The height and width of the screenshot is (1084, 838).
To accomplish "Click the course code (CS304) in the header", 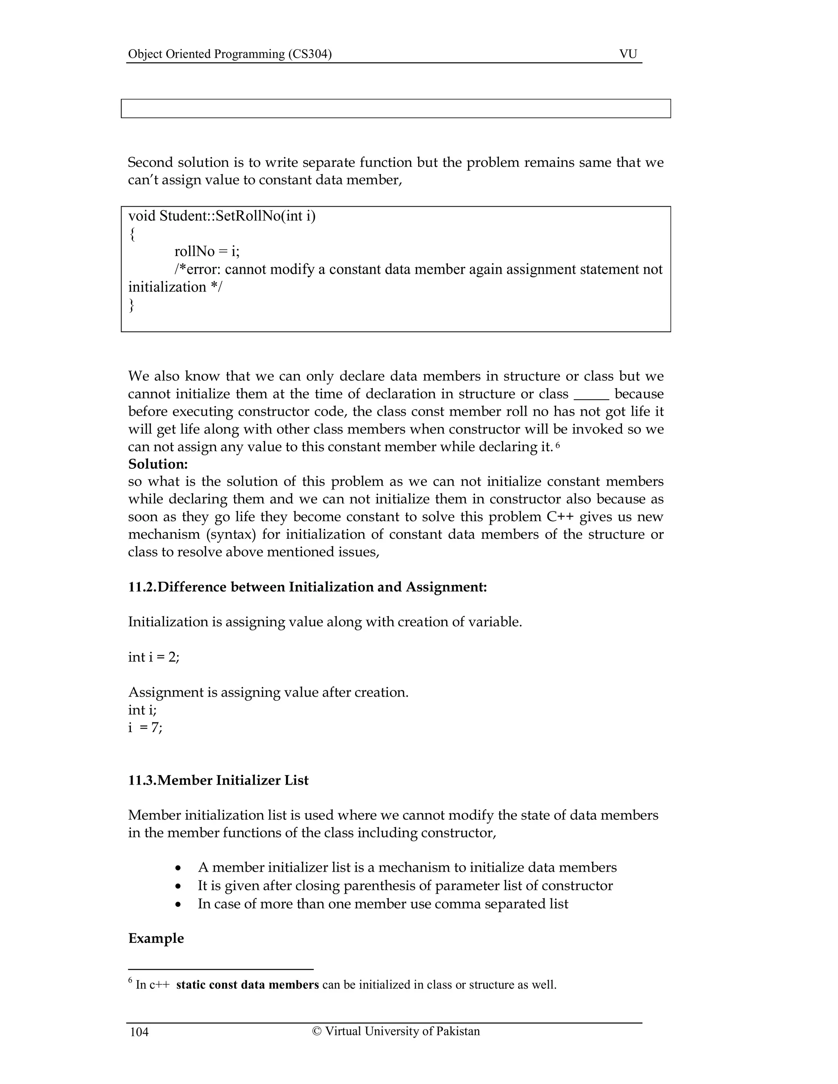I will coord(310,54).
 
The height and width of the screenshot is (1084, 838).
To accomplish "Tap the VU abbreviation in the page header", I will coord(628,54).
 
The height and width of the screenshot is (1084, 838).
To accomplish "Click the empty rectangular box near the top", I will coord(396,108).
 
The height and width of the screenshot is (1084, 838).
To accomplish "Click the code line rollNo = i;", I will coord(207,252).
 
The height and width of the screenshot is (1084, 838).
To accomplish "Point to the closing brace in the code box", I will coord(132,305).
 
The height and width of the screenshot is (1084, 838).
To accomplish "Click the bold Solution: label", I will coord(158,464).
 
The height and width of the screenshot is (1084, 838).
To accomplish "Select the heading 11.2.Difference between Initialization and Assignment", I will coord(307,587).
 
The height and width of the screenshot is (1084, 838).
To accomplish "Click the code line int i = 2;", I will coord(154,657).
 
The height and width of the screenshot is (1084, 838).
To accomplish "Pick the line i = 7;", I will coord(145,728).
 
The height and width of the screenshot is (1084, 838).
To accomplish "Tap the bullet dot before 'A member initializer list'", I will coord(179,868).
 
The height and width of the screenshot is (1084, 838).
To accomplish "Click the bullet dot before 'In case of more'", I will coord(179,904).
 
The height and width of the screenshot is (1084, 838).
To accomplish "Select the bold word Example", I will coord(156,938).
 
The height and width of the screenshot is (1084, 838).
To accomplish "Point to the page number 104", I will coord(139,1032).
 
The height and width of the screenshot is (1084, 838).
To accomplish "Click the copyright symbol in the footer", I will coord(317,1031).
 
